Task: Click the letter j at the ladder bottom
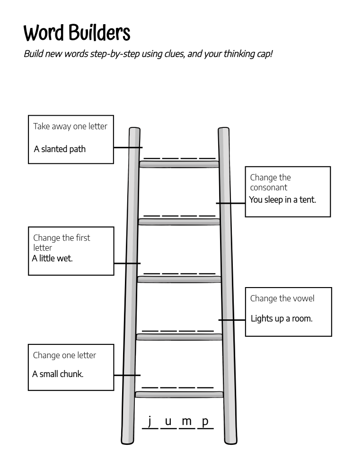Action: (x=150, y=421)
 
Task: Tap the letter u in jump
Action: (x=168, y=421)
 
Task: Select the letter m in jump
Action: (x=186, y=421)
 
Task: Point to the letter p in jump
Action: (x=205, y=421)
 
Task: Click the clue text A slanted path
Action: (x=60, y=149)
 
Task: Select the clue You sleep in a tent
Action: (x=283, y=199)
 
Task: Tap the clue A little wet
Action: (x=52, y=258)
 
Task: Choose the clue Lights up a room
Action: (x=282, y=318)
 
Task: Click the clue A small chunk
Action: (x=58, y=374)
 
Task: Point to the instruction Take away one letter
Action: (x=70, y=126)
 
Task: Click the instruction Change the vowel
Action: (x=282, y=298)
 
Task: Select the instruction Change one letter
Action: (x=64, y=355)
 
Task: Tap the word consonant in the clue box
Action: (x=268, y=187)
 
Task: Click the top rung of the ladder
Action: (x=179, y=164)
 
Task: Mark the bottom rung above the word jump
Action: (x=179, y=394)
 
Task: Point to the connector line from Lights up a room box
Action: (x=232, y=320)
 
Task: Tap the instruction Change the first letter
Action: (x=62, y=242)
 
